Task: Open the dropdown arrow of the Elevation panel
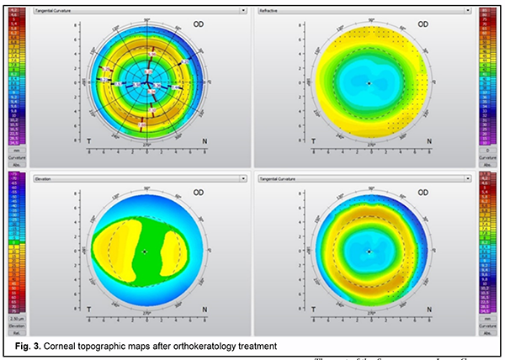(x=244, y=178)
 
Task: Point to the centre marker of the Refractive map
(x=369, y=83)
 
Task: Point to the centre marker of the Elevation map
(x=146, y=251)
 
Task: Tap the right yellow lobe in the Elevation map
(x=180, y=251)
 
